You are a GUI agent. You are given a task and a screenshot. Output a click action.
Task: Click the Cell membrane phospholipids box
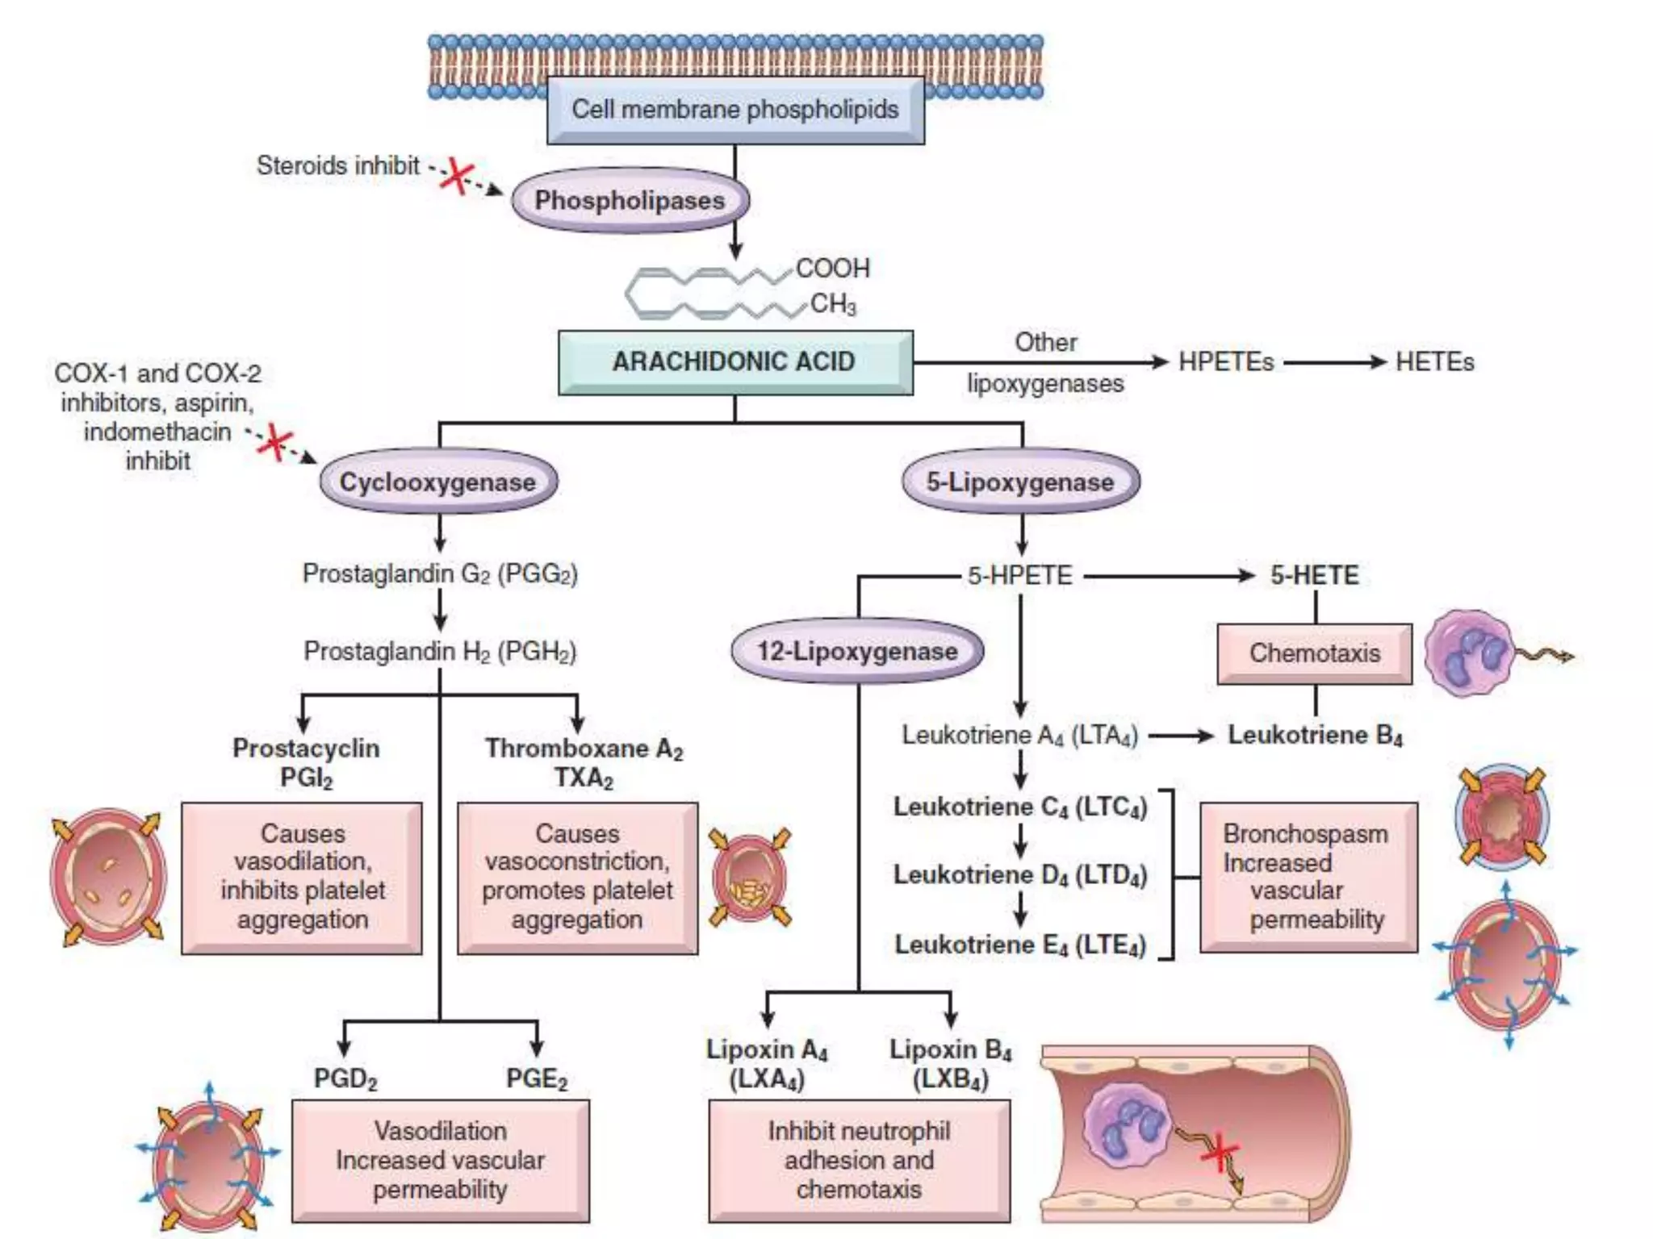(734, 111)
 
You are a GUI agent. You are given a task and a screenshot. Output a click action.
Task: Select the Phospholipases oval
(630, 200)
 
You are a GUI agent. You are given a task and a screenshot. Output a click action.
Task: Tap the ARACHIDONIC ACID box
(734, 361)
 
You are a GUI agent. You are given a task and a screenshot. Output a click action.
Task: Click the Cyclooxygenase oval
(437, 482)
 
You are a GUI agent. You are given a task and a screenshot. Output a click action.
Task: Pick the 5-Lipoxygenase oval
(1020, 482)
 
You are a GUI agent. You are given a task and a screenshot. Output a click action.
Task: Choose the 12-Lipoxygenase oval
(857, 651)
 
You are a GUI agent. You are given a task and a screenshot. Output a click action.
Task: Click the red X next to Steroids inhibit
(458, 176)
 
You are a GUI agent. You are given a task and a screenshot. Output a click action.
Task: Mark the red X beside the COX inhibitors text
(275, 442)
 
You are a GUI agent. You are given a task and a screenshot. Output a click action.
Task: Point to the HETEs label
(1434, 362)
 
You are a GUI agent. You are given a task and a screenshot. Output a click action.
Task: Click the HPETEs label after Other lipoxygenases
(1225, 362)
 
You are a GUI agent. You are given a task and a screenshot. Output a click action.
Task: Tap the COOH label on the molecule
(832, 268)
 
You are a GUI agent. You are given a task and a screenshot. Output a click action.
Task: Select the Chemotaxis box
(1314, 653)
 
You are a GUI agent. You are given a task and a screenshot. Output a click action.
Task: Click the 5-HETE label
(1314, 575)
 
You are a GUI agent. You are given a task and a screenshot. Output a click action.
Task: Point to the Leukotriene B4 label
(1314, 735)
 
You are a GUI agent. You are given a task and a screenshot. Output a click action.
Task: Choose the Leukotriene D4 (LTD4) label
(1019, 875)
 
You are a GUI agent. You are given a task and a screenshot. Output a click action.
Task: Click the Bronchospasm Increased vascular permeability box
(1308, 877)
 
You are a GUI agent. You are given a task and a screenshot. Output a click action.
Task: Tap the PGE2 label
(537, 1078)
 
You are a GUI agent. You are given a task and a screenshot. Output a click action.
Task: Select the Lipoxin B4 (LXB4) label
(950, 1064)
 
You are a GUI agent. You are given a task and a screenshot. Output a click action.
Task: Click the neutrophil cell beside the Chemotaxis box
(1467, 653)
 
